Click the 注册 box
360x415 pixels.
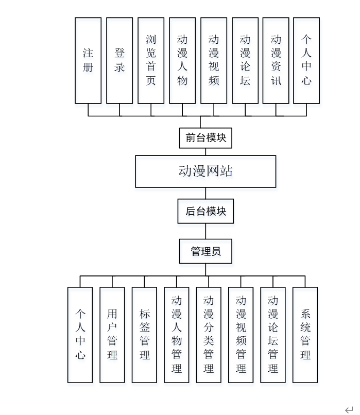[88, 60]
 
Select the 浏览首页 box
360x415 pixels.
[151, 60]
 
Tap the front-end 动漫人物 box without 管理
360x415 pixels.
[182, 60]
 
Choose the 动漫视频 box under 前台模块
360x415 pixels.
[214, 60]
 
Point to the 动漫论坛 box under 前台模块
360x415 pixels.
[245, 60]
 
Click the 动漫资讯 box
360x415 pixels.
[276, 60]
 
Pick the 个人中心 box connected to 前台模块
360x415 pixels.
[306, 60]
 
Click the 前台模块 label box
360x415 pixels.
[205, 137]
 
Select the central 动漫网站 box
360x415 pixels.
[205, 171]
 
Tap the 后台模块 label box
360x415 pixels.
[205, 211]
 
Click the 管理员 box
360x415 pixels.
[205, 251]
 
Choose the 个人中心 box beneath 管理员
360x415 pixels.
[80, 335]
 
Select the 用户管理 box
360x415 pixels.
[112, 335]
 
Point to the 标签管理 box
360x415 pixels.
[144, 335]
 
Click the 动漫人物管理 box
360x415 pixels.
[177, 335]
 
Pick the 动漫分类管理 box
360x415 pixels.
[209, 335]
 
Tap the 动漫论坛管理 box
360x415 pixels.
[273, 335]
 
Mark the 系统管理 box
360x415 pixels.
[305, 335]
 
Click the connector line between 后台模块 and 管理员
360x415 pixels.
[205, 231]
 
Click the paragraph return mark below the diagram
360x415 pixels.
[349, 408]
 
